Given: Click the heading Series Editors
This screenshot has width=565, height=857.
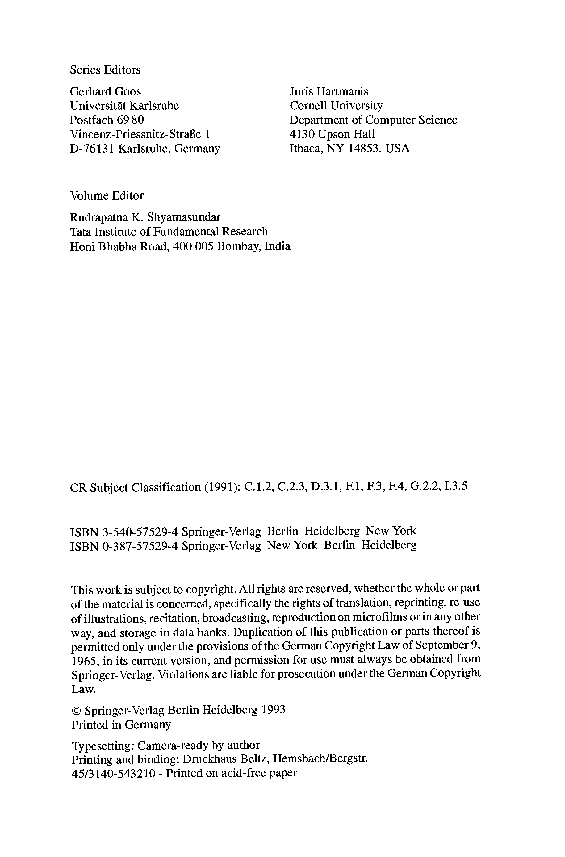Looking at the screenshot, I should pos(105,69).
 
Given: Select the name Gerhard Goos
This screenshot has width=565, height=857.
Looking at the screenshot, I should pos(105,91).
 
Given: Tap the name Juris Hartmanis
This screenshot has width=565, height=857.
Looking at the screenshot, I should pos(329,91).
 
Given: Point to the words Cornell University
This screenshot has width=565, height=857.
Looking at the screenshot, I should pos(336,106).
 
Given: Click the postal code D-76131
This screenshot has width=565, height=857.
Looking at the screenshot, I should pos(92,149).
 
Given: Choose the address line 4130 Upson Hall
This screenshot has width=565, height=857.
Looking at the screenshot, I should pos(332,134).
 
